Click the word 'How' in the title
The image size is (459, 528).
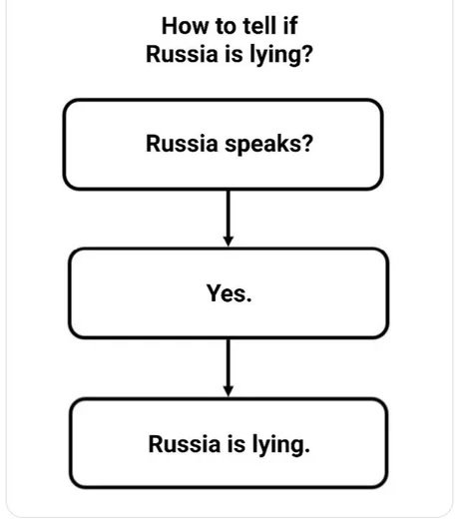(185, 26)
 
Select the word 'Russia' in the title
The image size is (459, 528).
(182, 54)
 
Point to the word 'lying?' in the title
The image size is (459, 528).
(281, 56)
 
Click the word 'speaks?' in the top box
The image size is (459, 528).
(268, 145)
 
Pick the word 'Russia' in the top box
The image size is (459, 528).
(182, 144)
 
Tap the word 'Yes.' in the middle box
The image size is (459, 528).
(229, 293)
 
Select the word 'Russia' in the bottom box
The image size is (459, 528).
(185, 444)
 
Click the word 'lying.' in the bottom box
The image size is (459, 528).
(280, 445)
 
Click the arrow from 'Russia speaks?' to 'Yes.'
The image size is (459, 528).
(229, 218)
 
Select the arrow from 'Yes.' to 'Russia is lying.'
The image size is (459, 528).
(229, 367)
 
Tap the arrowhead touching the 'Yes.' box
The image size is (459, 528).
(229, 242)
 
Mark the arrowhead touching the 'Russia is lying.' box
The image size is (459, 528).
(229, 391)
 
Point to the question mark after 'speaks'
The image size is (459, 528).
(307, 144)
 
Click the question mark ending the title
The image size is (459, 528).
(307, 54)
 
